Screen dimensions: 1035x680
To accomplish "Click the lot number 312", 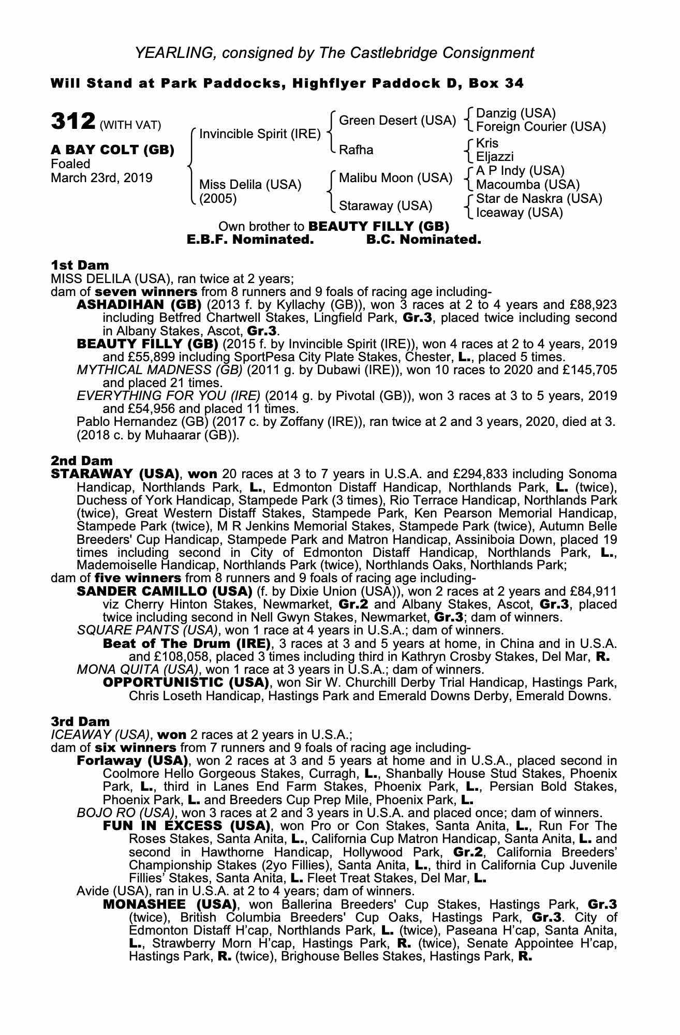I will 73,122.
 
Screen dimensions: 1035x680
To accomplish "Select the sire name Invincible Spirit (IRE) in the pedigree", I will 260,134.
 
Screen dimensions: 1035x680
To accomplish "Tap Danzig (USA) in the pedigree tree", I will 515,113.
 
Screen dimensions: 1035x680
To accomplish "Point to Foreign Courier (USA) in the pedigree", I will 540,127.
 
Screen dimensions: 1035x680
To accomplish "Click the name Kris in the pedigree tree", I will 487,143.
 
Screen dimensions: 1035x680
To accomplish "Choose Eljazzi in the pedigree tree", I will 495,156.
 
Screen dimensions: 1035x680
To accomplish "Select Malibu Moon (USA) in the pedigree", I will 395,178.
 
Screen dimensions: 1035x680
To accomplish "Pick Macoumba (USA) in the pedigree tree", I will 527,185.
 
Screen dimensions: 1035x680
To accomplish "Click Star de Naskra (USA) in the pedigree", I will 539,199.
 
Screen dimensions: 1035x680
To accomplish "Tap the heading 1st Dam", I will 80,265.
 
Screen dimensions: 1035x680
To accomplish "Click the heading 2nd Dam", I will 81,461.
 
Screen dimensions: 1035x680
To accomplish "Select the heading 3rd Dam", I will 80,721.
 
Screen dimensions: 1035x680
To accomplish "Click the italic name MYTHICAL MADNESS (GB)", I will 159,370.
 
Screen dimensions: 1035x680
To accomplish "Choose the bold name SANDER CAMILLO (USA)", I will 164,591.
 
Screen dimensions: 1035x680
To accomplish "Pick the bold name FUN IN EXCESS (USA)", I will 186,825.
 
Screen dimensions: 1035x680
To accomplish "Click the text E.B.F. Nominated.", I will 250,240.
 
